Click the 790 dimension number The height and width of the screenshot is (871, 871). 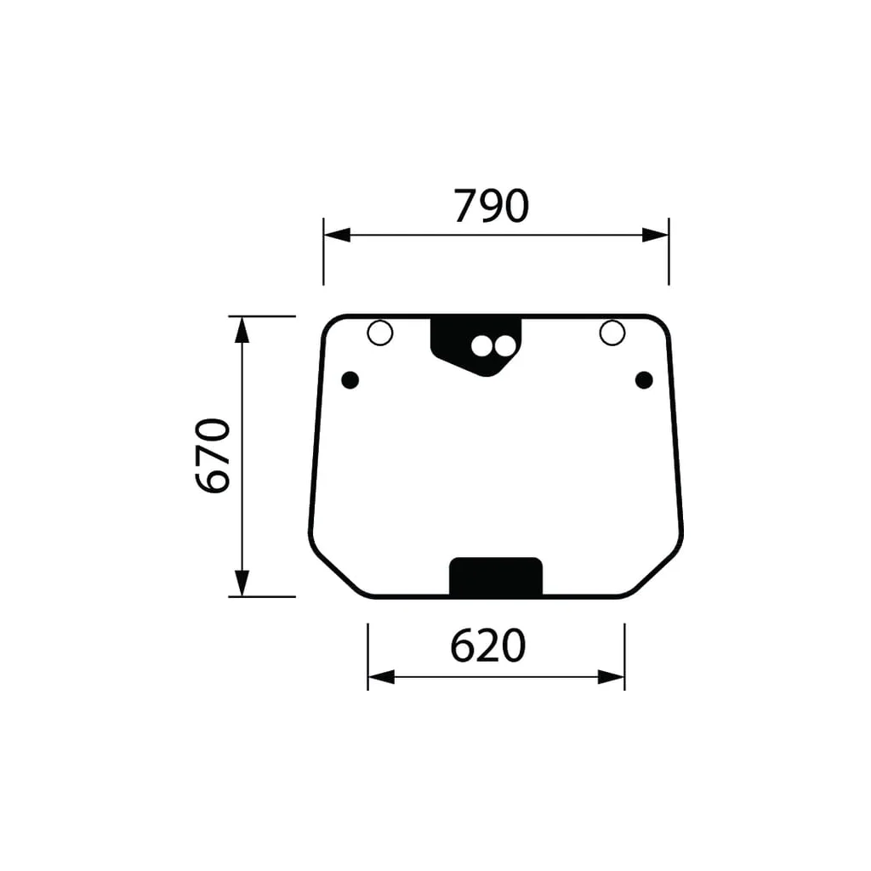click(491, 206)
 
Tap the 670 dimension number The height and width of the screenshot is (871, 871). click(213, 456)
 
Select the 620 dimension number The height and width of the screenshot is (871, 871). click(487, 646)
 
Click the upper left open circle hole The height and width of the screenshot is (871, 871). click(380, 333)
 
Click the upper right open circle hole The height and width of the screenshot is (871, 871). click(612, 333)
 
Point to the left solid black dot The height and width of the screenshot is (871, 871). click(350, 380)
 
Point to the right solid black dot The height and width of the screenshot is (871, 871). click(644, 380)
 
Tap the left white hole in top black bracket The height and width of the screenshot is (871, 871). click(481, 346)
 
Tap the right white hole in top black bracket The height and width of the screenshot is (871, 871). click(505, 346)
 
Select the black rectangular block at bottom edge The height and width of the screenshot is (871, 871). click(496, 577)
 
